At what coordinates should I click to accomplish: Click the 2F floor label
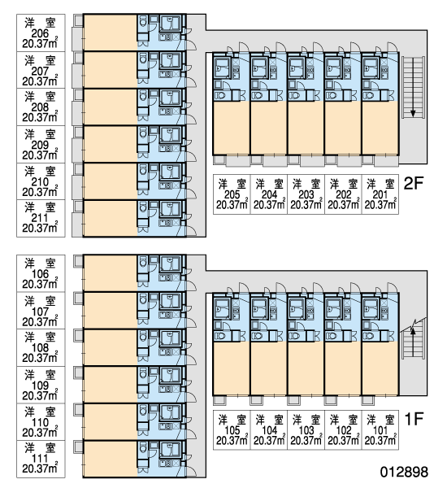click(414, 183)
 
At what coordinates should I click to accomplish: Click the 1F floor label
click(414, 419)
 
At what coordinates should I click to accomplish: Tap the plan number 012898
click(404, 472)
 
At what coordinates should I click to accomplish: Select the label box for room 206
click(41, 33)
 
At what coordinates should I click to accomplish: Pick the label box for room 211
click(41, 219)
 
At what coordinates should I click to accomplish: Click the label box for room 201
click(380, 194)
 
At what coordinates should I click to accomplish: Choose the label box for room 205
click(232, 194)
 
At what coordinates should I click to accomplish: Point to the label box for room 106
click(41, 273)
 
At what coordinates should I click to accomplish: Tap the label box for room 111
click(41, 459)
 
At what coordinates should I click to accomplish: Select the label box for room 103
click(306, 429)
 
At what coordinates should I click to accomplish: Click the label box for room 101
click(380, 429)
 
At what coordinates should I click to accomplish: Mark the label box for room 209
click(41, 145)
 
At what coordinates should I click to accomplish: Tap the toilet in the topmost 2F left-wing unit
click(143, 23)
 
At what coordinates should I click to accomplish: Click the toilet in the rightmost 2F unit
click(369, 95)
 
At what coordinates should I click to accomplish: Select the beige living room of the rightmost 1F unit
click(380, 368)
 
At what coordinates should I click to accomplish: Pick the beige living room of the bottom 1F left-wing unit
click(111, 459)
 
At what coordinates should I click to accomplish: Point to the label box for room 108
click(41, 347)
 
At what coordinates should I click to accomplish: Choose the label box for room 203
click(306, 194)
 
